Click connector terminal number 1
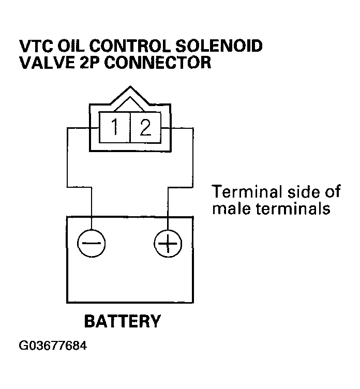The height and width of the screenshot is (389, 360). point(115,127)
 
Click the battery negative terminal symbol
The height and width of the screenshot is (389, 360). point(92,243)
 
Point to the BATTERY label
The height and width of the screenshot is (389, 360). point(123,321)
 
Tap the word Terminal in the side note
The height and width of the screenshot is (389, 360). point(242,192)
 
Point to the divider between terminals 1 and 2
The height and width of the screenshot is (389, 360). point(129,127)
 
